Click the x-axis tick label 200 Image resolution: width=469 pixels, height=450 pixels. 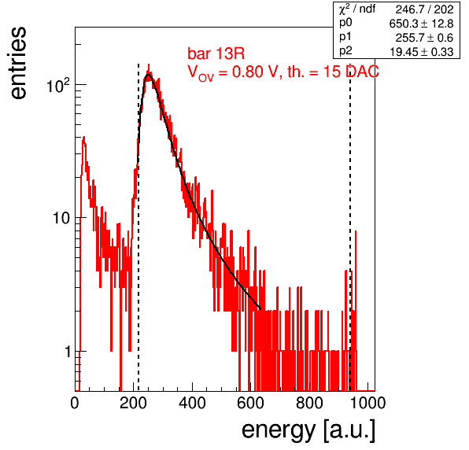133,404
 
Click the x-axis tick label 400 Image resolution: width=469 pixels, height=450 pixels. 192,404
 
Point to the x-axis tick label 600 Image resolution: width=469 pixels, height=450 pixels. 251,404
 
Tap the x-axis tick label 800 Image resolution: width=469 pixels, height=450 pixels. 309,404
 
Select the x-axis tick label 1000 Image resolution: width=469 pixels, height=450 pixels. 367,404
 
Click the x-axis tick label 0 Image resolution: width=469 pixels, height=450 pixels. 75,404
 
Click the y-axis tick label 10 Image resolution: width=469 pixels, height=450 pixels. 61,218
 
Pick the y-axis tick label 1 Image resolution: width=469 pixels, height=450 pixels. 68,352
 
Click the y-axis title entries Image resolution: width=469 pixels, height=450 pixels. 19,63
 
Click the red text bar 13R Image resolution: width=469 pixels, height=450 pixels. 216,53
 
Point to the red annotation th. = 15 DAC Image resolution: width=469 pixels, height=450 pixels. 333,72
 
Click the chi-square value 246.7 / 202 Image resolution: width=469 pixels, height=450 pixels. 424,9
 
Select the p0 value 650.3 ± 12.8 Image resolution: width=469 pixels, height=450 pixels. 421,24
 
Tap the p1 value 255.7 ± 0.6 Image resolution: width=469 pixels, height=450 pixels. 424,38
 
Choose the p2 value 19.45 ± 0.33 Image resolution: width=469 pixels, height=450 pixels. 421,52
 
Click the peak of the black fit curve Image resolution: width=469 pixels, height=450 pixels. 148,75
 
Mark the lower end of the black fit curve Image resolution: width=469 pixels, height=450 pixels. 260,309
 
